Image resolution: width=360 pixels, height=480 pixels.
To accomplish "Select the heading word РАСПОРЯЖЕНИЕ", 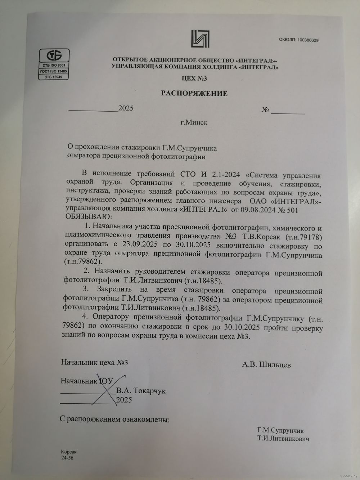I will (194, 94).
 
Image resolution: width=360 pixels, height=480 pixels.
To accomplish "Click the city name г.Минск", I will (194, 122).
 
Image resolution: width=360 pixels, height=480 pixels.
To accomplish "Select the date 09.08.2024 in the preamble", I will (255, 210).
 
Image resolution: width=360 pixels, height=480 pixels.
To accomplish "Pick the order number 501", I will (292, 210).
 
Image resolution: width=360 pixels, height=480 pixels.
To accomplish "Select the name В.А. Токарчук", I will (141, 391).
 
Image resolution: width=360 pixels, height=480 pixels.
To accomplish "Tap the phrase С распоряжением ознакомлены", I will (114, 420).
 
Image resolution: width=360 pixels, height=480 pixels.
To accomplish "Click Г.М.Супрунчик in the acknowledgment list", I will (280, 431).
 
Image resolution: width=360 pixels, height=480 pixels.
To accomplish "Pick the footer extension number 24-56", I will (67, 458).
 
